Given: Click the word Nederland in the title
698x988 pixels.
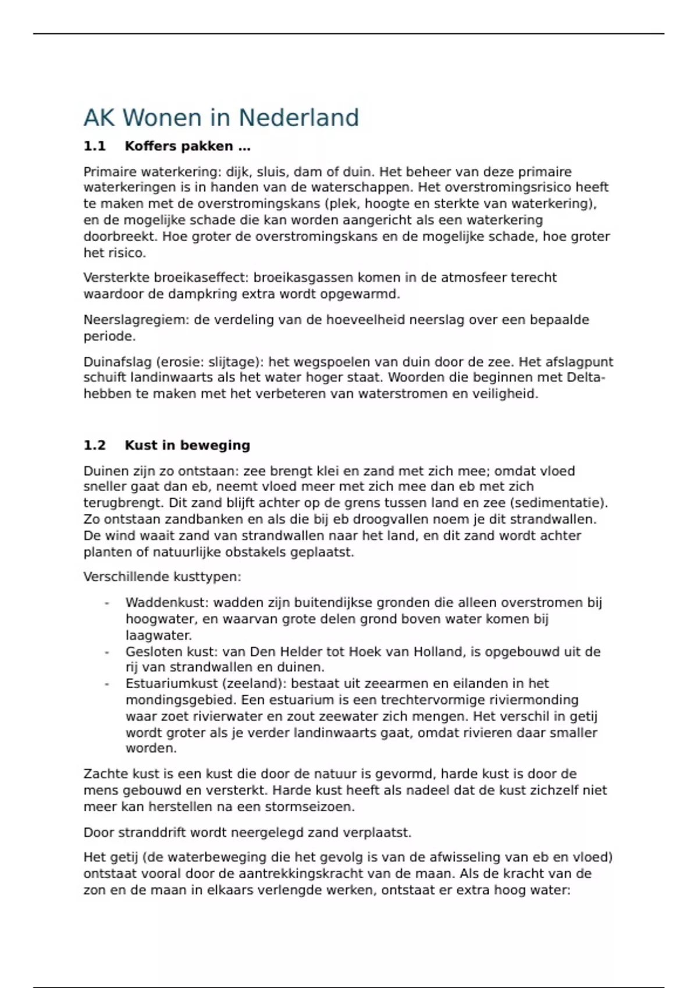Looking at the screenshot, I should [x=298, y=117].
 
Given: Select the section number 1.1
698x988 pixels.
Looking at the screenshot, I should [x=94, y=146].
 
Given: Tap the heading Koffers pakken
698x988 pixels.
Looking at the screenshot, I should [x=187, y=146].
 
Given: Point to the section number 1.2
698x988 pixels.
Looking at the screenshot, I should [x=94, y=445].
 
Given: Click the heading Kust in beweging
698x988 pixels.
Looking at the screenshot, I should [x=187, y=445].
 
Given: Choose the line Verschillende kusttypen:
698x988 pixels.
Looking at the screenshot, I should [x=162, y=577].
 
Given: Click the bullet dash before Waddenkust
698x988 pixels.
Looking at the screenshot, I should [x=107, y=603].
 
